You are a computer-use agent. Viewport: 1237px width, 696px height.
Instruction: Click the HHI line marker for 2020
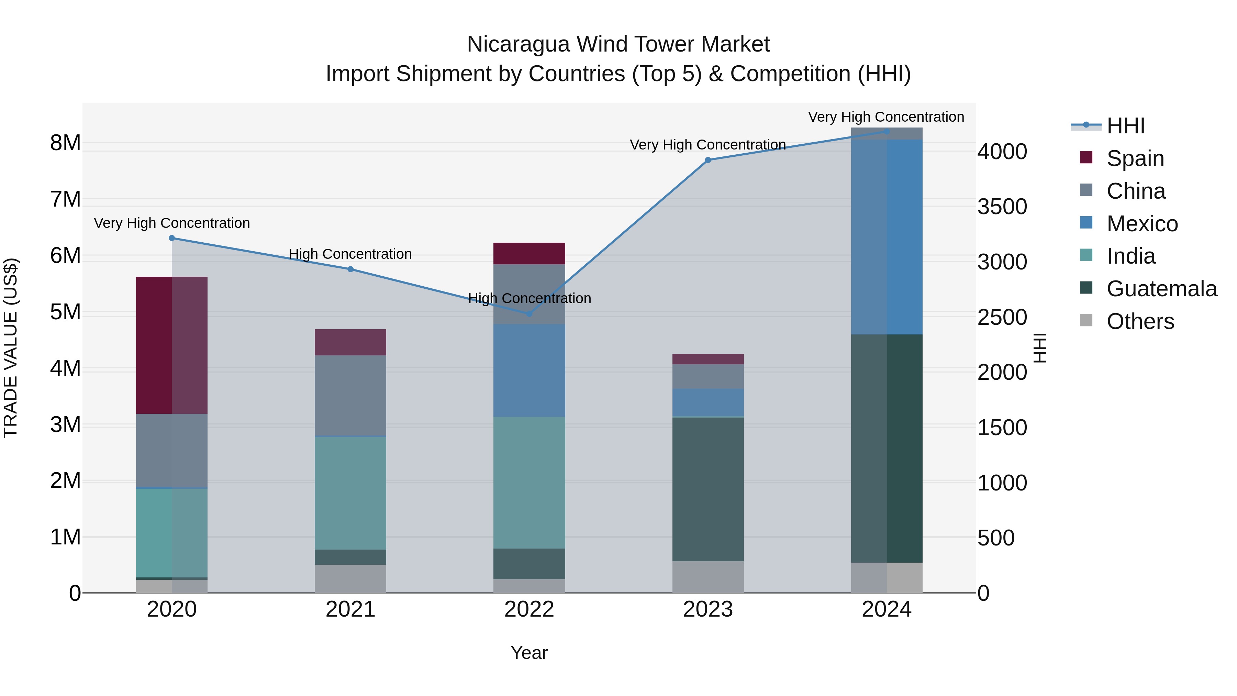[x=172, y=238]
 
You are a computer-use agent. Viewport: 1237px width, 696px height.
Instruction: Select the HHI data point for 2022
[x=529, y=314]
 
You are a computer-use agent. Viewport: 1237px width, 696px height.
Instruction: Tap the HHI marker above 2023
[x=708, y=160]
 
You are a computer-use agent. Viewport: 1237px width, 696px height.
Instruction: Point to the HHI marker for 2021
[x=350, y=269]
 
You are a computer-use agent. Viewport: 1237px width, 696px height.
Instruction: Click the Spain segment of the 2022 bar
[x=529, y=254]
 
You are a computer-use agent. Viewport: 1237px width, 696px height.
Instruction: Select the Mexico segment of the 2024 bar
[x=887, y=237]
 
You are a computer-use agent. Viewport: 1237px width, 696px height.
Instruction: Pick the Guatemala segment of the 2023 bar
[x=708, y=489]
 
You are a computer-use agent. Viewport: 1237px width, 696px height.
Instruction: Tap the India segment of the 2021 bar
[x=350, y=493]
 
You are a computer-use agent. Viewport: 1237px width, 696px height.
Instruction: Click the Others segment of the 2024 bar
[x=887, y=577]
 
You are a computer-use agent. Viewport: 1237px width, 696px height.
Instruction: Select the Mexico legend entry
[x=1142, y=224]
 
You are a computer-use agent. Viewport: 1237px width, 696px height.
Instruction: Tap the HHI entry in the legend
[x=1125, y=126]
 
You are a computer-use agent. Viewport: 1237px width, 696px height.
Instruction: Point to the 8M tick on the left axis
[x=65, y=143]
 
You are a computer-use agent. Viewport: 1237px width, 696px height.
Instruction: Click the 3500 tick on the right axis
[x=1002, y=207]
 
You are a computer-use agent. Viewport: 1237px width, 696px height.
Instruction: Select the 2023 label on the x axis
[x=708, y=609]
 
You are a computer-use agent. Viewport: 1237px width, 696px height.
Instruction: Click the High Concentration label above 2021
[x=350, y=254]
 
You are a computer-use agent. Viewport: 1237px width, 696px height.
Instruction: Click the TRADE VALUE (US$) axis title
[x=11, y=348]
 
